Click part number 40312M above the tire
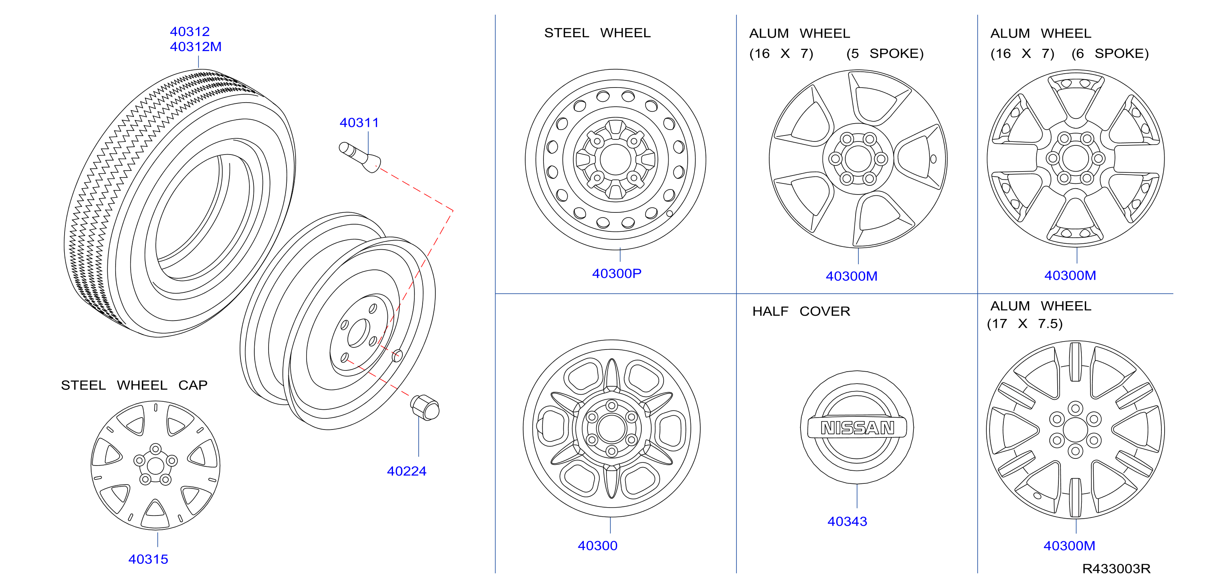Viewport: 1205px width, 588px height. [196, 47]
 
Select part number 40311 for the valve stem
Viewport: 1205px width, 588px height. [359, 122]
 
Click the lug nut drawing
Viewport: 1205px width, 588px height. [425, 407]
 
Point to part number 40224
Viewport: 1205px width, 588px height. [406, 471]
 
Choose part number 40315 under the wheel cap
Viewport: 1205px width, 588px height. [148, 559]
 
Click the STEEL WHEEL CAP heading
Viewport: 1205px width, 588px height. [134, 385]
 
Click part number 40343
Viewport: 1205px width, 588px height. [847, 521]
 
